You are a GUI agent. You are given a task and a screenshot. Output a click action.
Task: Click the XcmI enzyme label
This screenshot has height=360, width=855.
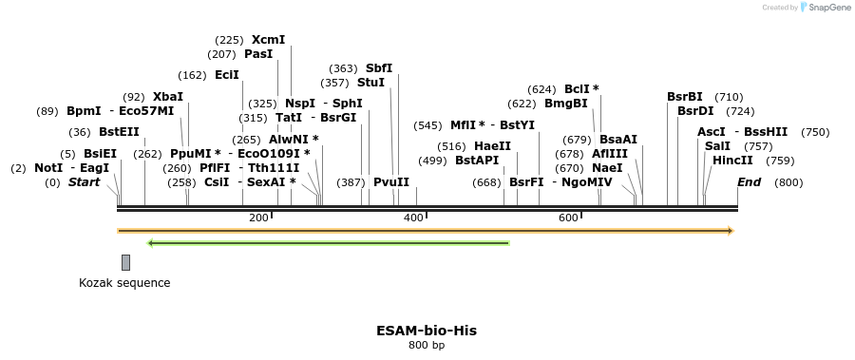click(268, 40)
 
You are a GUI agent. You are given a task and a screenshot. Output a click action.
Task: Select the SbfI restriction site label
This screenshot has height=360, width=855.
click(379, 68)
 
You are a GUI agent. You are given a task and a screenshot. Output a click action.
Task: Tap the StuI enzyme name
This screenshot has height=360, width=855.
click(370, 83)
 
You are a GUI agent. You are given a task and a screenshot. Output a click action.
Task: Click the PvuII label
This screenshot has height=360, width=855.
click(391, 181)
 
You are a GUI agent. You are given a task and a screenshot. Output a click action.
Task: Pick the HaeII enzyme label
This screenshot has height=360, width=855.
click(492, 146)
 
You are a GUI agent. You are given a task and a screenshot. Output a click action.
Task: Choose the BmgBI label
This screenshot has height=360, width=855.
click(565, 104)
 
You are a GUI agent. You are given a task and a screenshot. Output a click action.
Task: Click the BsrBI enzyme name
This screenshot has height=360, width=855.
click(685, 97)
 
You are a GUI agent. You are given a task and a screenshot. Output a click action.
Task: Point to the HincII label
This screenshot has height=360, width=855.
click(732, 161)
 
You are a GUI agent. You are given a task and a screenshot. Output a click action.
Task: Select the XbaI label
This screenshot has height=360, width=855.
click(167, 97)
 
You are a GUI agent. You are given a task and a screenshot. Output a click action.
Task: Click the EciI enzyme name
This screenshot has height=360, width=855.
click(227, 75)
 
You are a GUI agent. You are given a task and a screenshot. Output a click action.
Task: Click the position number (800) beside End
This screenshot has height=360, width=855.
click(788, 182)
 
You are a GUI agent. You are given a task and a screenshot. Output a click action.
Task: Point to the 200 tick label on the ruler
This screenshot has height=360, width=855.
click(258, 218)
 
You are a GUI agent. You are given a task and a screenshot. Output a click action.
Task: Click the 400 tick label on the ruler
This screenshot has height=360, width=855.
click(413, 218)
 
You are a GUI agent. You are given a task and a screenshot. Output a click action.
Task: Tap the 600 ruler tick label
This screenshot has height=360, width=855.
click(568, 218)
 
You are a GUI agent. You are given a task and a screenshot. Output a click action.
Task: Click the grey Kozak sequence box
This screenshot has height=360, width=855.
click(125, 262)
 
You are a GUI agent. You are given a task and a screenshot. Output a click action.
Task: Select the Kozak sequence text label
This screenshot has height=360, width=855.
click(124, 283)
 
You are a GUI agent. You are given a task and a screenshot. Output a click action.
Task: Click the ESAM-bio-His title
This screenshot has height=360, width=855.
click(427, 331)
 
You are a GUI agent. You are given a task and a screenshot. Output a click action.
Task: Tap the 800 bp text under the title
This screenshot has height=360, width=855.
click(427, 346)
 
